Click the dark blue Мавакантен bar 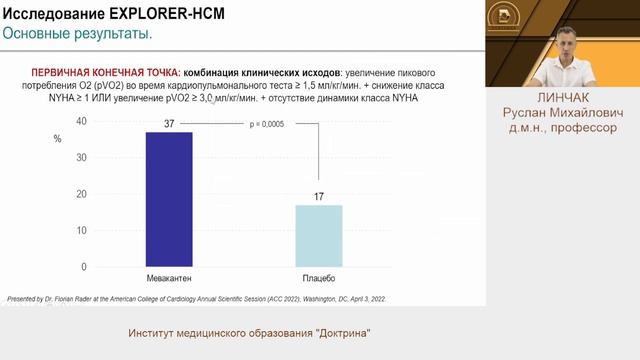[x=168, y=199]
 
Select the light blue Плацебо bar [x=318, y=236]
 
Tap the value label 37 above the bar [x=169, y=123]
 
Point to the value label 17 [x=319, y=196]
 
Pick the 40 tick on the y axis [x=81, y=121]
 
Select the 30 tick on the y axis [x=81, y=158]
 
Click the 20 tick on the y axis [x=81, y=194]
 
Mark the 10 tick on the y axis [x=81, y=231]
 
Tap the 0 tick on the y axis [x=84, y=267]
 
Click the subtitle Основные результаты [x=77, y=34]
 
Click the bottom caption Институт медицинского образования [x=255, y=333]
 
